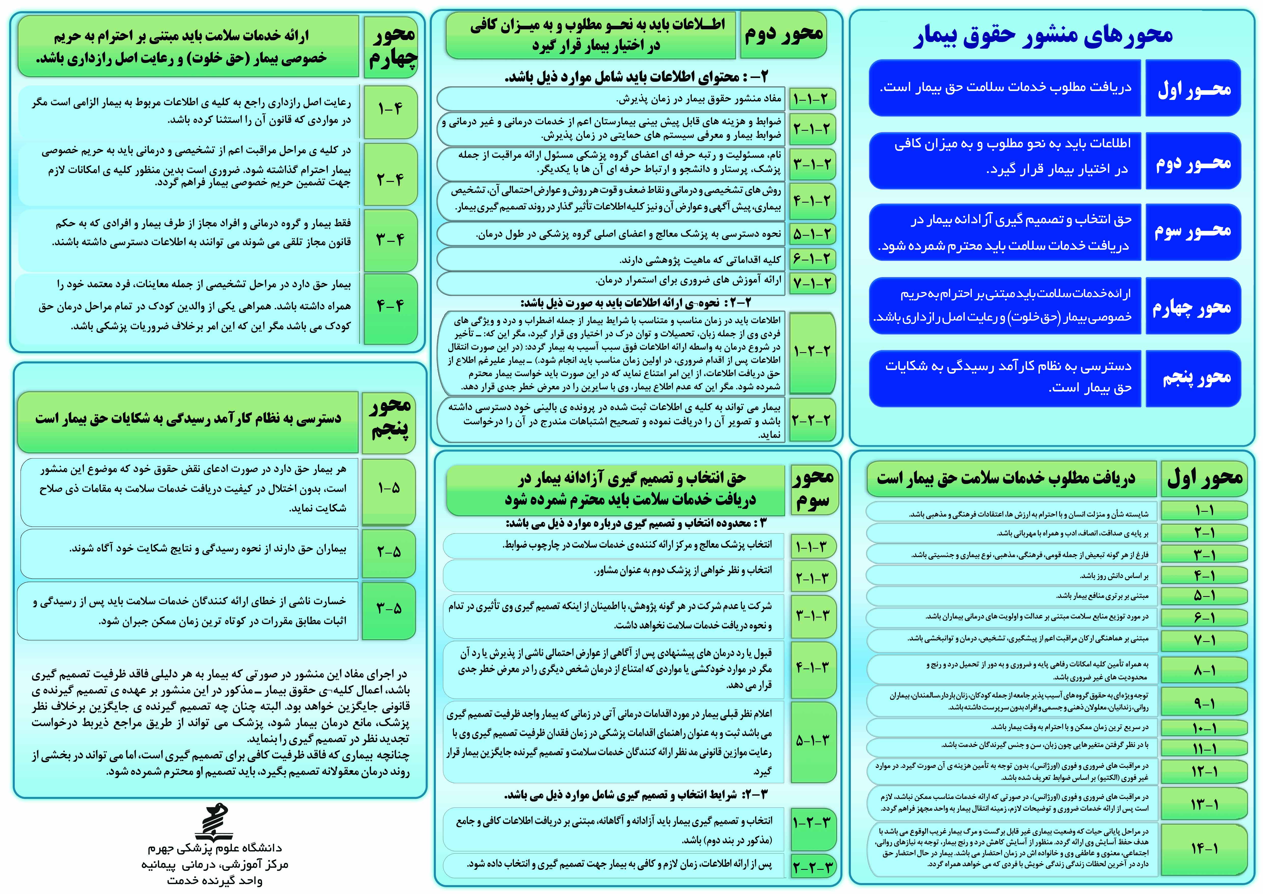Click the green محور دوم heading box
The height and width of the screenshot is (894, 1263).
783,35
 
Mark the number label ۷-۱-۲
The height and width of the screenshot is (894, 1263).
811,283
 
